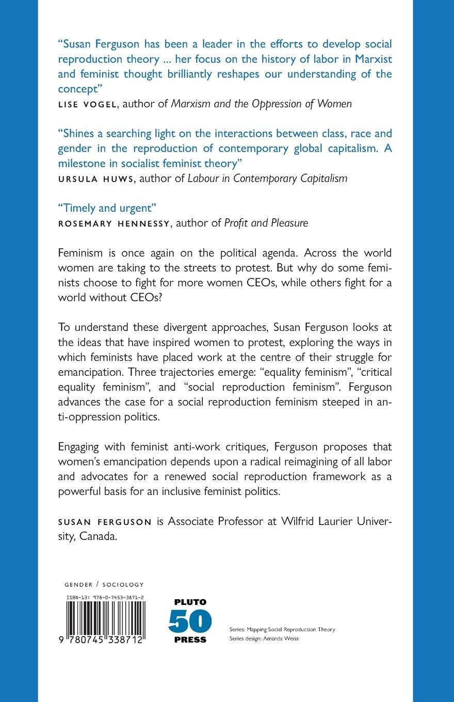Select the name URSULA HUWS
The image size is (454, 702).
point(92,179)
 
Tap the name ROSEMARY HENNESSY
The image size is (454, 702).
point(115,223)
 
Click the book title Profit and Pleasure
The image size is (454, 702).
point(266,223)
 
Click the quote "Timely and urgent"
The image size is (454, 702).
point(107,208)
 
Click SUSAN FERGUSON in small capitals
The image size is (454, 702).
point(105,521)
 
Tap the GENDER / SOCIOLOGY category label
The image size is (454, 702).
point(104,585)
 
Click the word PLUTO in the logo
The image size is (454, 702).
point(190,602)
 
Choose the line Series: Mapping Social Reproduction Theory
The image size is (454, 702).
point(282,629)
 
